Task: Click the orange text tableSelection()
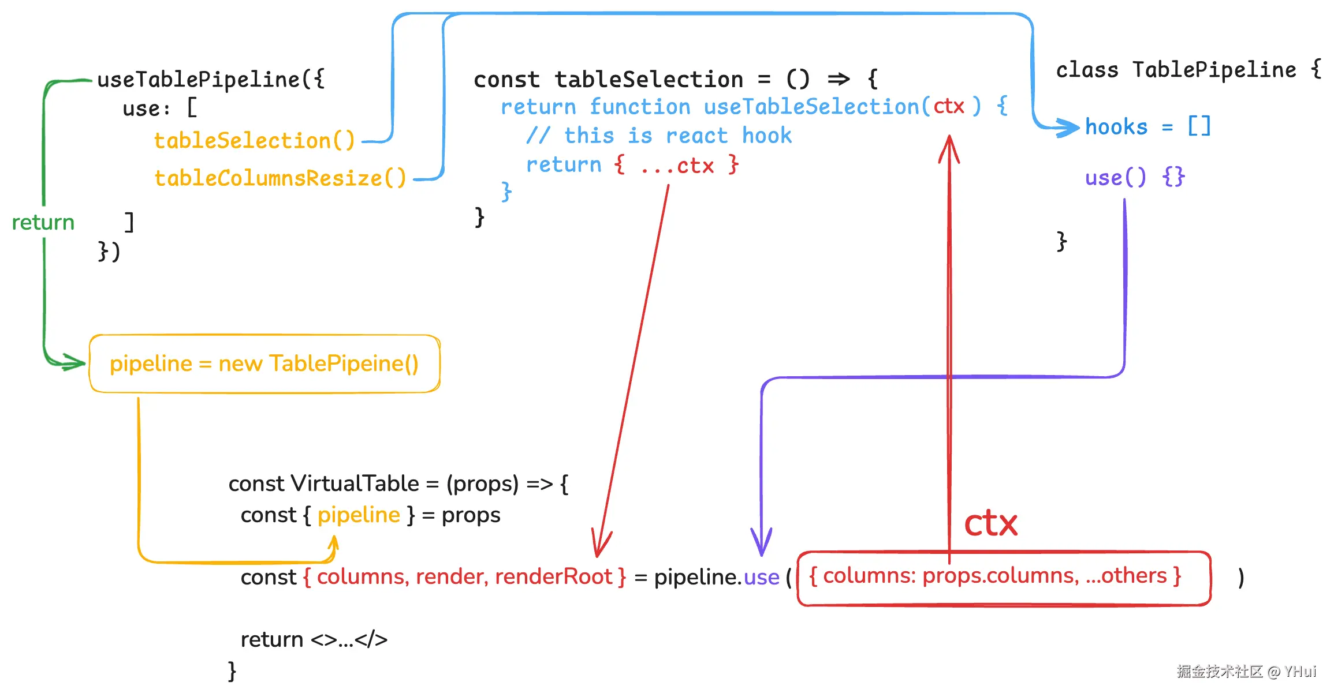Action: click(x=254, y=141)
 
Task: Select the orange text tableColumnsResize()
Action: click(x=280, y=178)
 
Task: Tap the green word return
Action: click(x=43, y=222)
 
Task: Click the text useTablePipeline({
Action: click(x=211, y=80)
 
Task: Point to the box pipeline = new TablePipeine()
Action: click(x=264, y=364)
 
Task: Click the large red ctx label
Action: click(x=990, y=523)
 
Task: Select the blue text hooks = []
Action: click(x=1147, y=127)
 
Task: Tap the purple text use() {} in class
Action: click(x=1135, y=177)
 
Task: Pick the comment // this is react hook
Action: click(x=658, y=136)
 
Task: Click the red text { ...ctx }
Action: click(x=676, y=166)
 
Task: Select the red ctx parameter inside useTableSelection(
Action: click(x=949, y=106)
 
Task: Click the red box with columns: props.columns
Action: click(x=1004, y=578)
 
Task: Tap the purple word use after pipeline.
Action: click(x=761, y=577)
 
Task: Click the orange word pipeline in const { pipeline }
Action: click(x=359, y=515)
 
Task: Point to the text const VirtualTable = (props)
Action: click(x=398, y=484)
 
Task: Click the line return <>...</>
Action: click(x=314, y=639)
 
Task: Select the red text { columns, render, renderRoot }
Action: click(x=464, y=577)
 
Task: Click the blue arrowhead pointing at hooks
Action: click(x=1068, y=128)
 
